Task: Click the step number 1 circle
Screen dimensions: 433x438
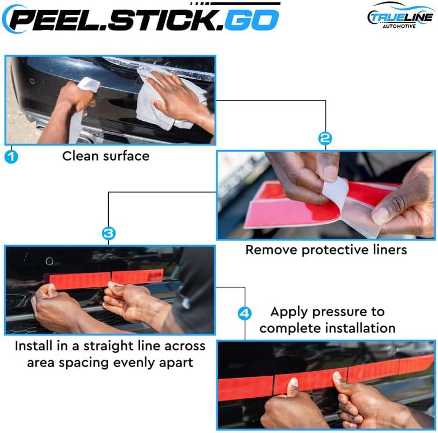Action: (11, 156)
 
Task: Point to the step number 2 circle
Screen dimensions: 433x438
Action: (325, 139)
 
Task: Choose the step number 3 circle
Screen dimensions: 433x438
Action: (109, 234)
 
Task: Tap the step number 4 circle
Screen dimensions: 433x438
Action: (245, 313)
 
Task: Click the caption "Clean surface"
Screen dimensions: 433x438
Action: (106, 156)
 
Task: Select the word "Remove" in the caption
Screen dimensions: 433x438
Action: (271, 250)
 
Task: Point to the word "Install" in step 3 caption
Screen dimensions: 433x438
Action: (34, 346)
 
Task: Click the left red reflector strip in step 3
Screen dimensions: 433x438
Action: (80, 280)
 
